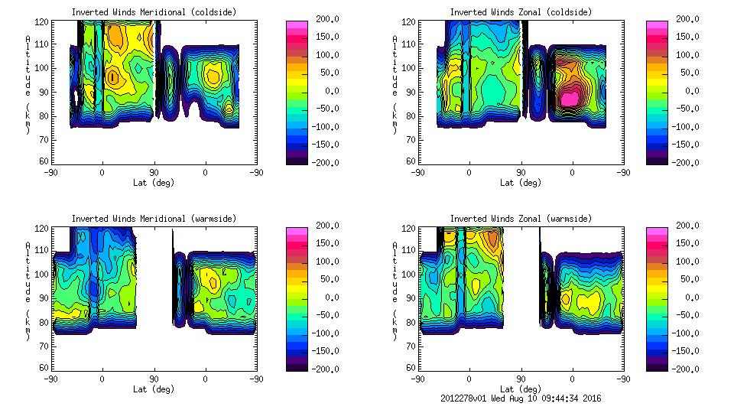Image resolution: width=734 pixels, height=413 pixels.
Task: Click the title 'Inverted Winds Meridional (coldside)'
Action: coord(154,12)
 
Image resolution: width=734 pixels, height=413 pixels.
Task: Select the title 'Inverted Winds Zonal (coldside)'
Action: coord(521,12)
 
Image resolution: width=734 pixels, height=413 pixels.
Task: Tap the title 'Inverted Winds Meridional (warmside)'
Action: coord(154,219)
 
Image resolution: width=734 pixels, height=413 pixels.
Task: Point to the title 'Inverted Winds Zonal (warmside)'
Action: coord(521,219)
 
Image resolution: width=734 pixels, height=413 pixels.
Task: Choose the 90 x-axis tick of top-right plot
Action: coord(521,173)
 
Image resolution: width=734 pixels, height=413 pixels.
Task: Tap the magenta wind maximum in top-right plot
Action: coord(570,98)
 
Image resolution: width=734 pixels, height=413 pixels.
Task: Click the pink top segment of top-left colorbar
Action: coord(297,25)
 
